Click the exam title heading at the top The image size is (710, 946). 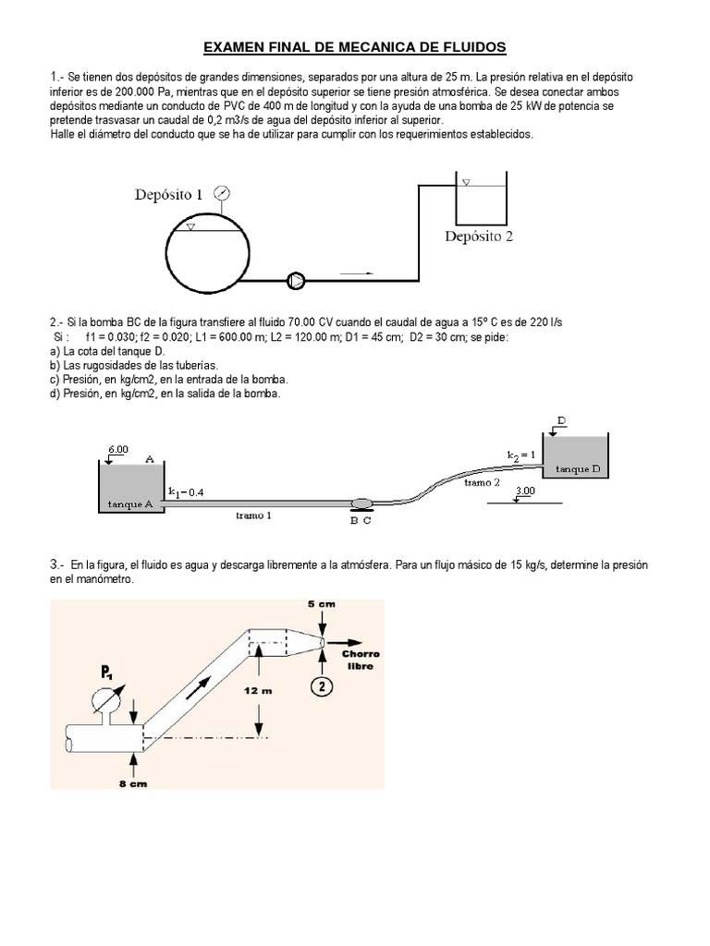pos(355,47)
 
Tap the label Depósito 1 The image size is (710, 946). pos(168,194)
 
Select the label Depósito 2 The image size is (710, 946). pos(478,236)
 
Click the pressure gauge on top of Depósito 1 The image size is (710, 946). pos(221,193)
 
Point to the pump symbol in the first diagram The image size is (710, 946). pos(296,278)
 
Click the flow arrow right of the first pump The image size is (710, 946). pos(357,273)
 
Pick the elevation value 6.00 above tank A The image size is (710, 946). pos(118,448)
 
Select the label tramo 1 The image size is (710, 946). pos(253,515)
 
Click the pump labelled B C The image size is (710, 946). pos(361,503)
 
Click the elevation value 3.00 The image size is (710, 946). pos(525,491)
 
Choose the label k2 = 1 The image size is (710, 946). pos(521,455)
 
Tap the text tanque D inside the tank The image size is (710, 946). pos(578,469)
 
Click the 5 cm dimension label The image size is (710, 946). pos(321,603)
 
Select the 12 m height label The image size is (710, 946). pos(257,690)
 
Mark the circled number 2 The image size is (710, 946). pos(320,686)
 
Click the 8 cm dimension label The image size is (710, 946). pos(134,783)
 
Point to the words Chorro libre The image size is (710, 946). pos(361,660)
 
